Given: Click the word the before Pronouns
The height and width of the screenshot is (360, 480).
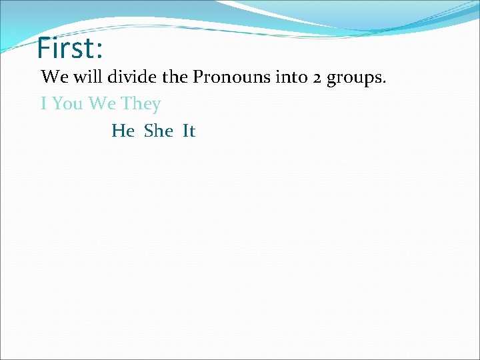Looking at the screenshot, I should point(175,77).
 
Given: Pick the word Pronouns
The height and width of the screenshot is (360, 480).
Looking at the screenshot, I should point(228,77).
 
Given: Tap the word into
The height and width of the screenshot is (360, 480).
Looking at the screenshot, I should point(286,77).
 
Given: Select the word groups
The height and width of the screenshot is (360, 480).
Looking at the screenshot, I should point(354,79).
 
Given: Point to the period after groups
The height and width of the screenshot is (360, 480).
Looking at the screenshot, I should point(384,83).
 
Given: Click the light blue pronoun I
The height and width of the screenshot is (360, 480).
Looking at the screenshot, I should point(43,104).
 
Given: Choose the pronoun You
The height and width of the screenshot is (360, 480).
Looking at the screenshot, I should point(66,104).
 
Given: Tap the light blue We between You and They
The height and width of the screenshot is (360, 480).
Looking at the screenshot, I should point(101,104).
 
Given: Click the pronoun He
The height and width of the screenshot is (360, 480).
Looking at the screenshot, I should point(123,131).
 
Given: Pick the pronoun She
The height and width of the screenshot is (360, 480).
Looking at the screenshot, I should point(159,131).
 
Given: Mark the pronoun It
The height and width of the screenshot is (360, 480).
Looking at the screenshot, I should point(189,131).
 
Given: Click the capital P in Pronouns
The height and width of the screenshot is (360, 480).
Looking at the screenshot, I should point(198,77).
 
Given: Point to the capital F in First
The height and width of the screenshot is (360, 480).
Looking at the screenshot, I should point(44,48).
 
